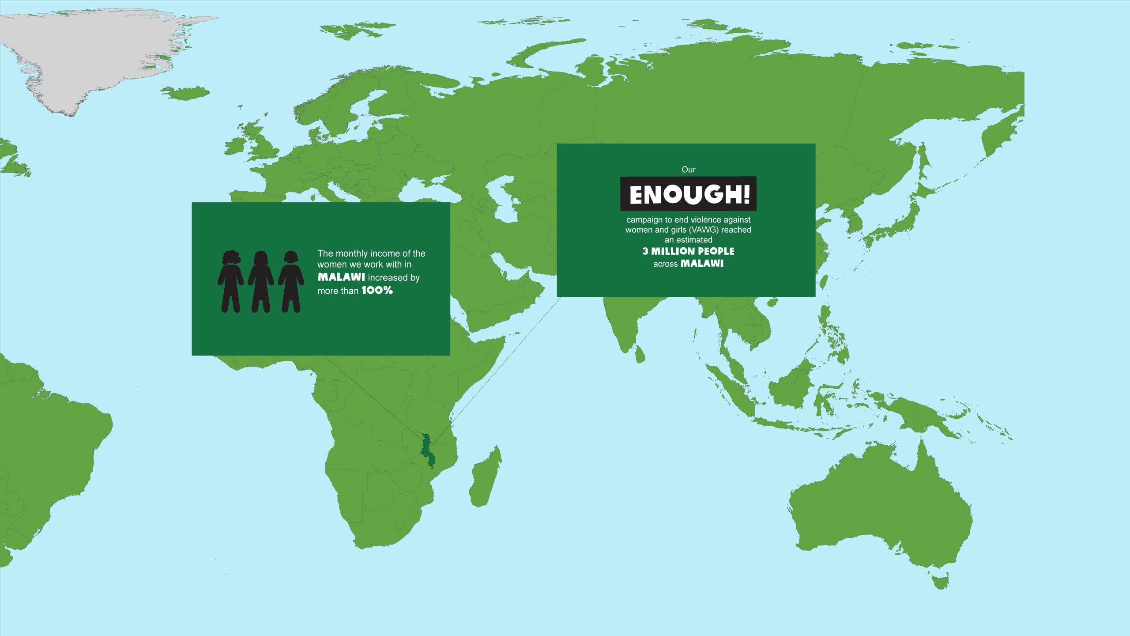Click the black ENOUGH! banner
(x=688, y=194)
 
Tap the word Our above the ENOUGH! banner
(x=688, y=170)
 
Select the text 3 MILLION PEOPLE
(x=688, y=251)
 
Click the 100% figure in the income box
(x=377, y=291)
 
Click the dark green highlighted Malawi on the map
(x=426, y=450)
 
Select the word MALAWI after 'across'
(x=702, y=264)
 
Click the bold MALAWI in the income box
(x=341, y=277)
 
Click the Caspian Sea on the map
(x=503, y=199)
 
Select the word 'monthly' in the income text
(x=351, y=254)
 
